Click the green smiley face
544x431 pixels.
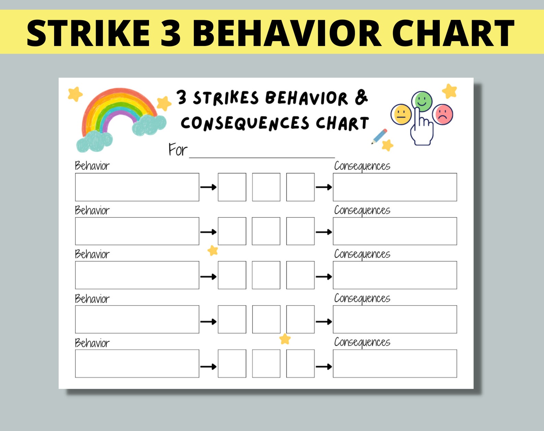click(422, 101)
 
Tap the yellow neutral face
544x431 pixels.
click(401, 115)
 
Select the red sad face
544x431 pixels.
click(443, 115)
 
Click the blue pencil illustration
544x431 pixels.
click(380, 136)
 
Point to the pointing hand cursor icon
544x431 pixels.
click(422, 129)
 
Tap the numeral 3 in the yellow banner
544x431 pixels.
click(170, 33)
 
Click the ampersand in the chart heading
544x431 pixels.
click(361, 97)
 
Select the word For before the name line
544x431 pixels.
click(177, 150)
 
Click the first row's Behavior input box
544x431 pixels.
click(137, 187)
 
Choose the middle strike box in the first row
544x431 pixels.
click(266, 187)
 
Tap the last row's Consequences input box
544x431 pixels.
click(395, 363)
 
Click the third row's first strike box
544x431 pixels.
click(232, 275)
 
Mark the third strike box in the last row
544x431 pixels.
click(300, 363)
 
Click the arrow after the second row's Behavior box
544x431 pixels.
click(208, 232)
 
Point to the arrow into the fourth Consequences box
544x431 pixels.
click(324, 322)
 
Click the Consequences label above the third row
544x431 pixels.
click(362, 254)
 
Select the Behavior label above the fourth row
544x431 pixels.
click(92, 299)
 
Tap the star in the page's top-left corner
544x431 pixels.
click(75, 94)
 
